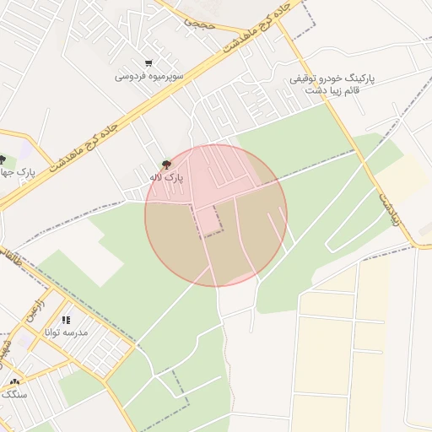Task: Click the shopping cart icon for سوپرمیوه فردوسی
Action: coord(148,63)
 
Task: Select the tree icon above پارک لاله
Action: coord(165,164)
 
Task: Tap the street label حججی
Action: coord(199,23)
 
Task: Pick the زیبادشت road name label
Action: coord(385,205)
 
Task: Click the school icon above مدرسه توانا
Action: coord(66,320)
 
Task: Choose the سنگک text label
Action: coord(14,394)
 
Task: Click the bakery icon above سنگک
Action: coord(13,382)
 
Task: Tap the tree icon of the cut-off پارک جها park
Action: coord(3,159)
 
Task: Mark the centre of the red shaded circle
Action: coord(216,215)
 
